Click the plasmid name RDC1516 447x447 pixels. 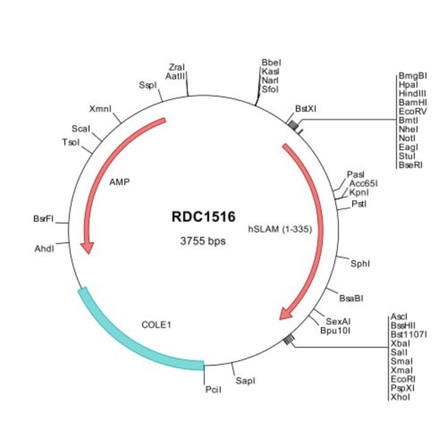coord(203,217)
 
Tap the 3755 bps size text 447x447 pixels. coord(203,241)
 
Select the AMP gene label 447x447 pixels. coord(120,183)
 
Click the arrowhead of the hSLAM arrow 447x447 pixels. coord(284,315)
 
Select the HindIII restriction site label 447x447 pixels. coord(413,93)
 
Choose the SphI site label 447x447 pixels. coord(360,263)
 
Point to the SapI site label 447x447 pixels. coord(245,380)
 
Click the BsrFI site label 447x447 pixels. coord(43,219)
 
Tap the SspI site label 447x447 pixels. coord(148,85)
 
